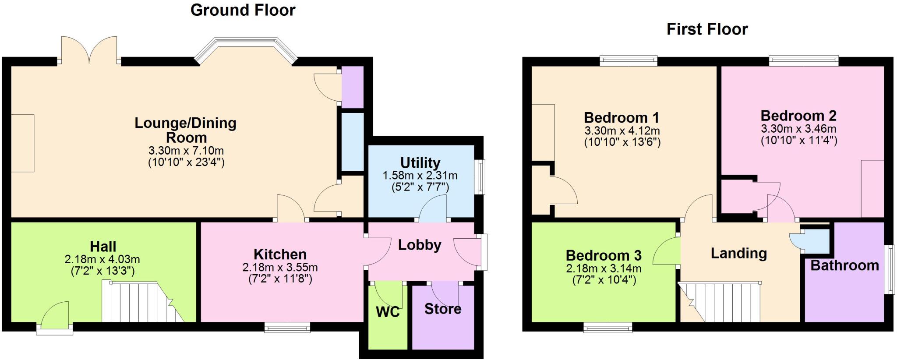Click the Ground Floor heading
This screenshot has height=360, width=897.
pos(243,10)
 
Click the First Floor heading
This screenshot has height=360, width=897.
pos(707,29)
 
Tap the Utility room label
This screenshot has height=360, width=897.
pos(420,163)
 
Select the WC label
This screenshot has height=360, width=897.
pos(388,312)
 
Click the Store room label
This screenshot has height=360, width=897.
pos(443,309)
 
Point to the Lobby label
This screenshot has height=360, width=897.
pos(420,245)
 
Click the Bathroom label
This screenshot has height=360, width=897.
pos(845,265)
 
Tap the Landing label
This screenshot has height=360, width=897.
pos(739,253)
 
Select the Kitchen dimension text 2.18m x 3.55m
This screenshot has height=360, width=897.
pos(280,267)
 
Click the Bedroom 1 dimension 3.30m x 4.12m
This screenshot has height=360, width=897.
pos(622,131)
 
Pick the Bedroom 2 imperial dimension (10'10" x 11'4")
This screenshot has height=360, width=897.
pos(799,141)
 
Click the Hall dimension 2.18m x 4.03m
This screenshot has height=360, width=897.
pos(102,259)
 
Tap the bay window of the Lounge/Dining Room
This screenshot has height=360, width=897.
pos(246,49)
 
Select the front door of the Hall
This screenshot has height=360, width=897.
pos(55,318)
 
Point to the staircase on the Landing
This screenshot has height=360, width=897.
pos(720,302)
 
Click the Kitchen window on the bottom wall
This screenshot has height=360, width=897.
pos(287,327)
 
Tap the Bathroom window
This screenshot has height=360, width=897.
pos(889,269)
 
